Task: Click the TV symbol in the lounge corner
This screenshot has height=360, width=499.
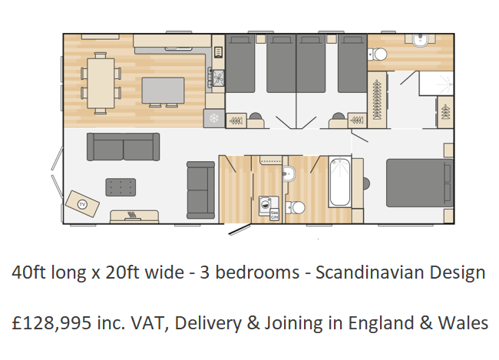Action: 82,204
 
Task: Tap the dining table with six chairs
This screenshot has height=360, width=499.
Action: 101,83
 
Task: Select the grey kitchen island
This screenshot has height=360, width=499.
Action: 163,91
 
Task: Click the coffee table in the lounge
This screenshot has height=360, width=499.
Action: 121,187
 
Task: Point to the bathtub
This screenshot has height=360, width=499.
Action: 339,182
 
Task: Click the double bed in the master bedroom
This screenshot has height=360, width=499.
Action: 420,183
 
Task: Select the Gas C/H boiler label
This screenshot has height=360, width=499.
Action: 274,215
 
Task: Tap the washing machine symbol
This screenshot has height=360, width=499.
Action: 265,204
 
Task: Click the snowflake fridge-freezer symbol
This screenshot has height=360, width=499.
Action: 214,118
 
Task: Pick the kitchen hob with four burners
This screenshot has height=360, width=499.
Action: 218,78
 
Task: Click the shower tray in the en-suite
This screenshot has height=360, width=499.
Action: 436,83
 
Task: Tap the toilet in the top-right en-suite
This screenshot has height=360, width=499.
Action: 378,54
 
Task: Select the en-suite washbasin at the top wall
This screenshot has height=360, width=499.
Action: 421,41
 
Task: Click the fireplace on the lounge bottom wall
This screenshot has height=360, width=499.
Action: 134,216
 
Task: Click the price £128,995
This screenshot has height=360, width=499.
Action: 51,322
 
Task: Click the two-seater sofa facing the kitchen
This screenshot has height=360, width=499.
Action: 123,147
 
